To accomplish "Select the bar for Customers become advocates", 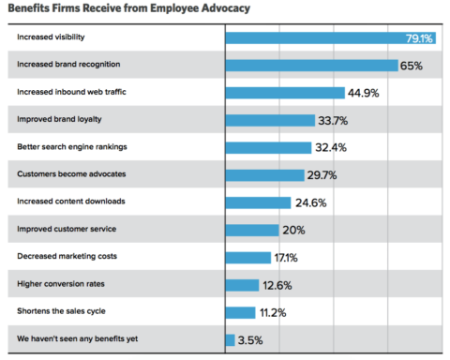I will (265, 175).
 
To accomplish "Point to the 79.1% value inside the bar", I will (418, 38).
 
